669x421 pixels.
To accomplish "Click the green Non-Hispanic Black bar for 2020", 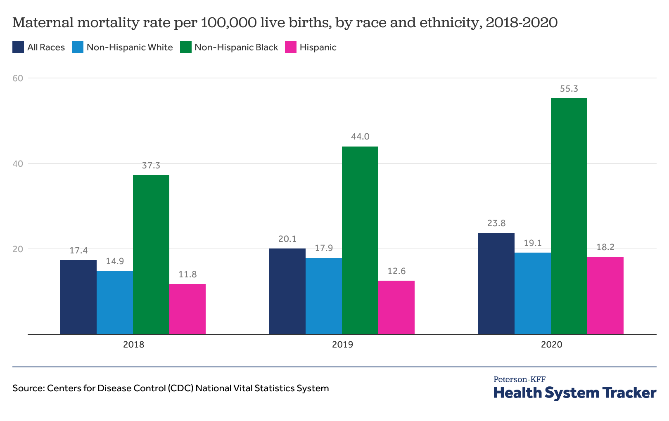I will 569,216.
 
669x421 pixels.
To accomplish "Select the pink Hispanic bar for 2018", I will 187,309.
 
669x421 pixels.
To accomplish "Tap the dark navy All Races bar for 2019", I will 287,291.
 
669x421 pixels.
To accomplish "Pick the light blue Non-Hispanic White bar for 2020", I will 532,293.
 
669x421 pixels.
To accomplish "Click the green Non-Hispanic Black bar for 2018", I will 151,254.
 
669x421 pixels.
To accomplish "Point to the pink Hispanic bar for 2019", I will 396,307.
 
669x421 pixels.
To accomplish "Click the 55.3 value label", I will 569,89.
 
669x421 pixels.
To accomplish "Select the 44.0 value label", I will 360,137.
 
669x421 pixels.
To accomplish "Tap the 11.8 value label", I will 187,274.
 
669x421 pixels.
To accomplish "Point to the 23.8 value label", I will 496,223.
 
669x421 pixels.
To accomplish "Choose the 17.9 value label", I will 323,248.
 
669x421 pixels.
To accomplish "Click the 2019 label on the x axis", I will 342,344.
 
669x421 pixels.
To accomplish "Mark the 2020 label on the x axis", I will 551,344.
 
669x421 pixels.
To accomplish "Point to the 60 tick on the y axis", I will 17,78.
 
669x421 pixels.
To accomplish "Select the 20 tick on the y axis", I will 17,249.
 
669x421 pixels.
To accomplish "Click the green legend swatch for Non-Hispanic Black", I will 185,47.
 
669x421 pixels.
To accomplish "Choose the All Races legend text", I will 46,47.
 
